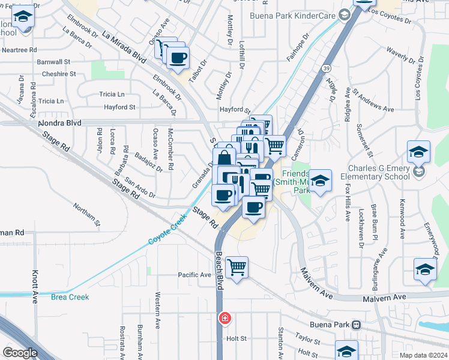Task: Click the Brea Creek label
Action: coord(70,297)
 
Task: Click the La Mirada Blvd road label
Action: coord(125,47)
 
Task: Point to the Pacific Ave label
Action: coord(194,275)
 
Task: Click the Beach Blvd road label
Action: coord(219,271)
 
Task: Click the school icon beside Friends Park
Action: coord(321,180)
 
